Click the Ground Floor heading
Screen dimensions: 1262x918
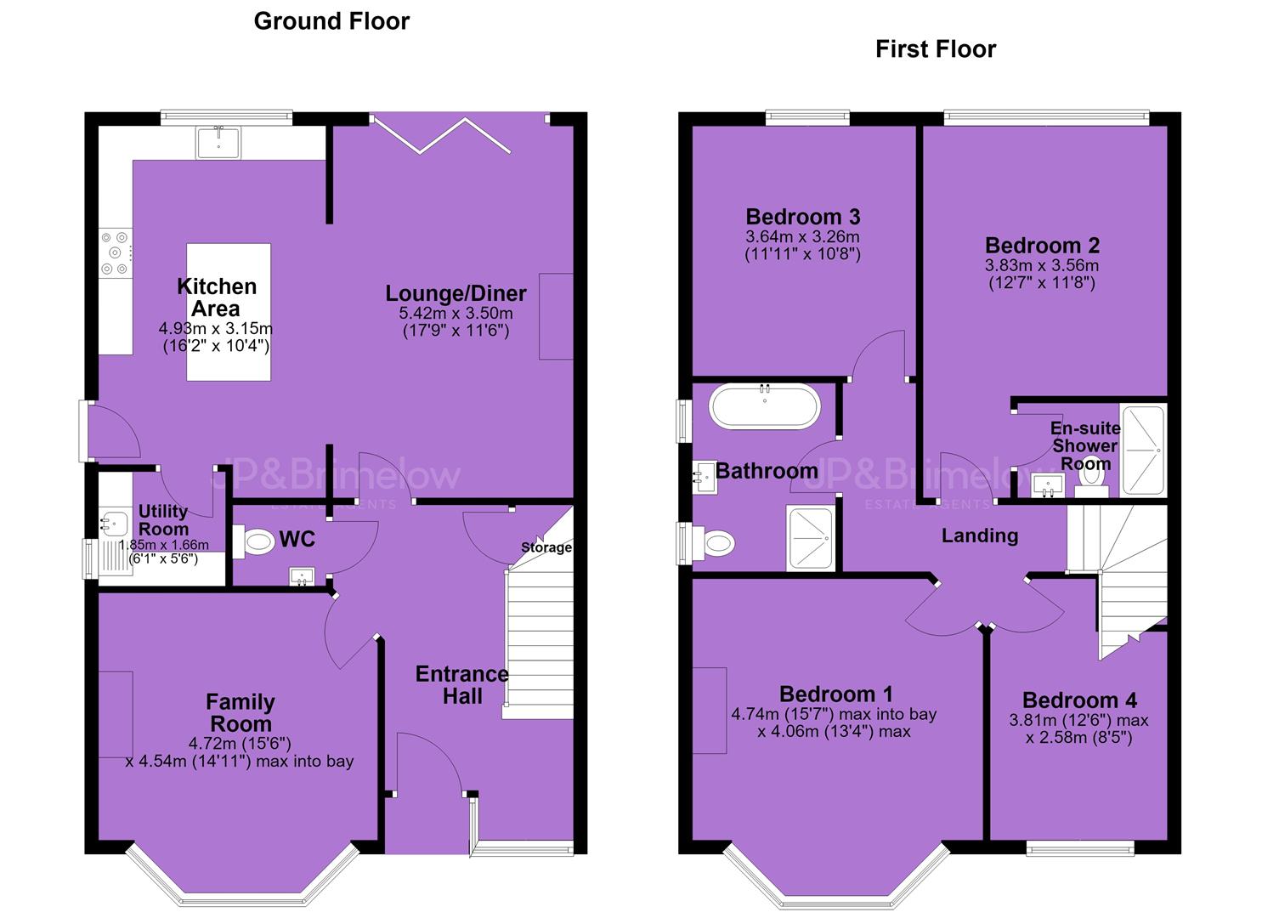pos(331,21)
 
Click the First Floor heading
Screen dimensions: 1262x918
pos(935,49)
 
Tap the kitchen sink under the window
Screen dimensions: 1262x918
pos(218,142)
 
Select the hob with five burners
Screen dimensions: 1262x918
pos(116,253)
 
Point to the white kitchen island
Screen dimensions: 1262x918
pos(229,312)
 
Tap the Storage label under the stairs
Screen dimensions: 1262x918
pos(546,547)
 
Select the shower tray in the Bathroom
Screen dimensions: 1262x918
pos(810,537)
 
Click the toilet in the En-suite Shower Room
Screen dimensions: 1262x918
pos(1091,480)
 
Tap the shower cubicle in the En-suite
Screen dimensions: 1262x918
pos(1143,450)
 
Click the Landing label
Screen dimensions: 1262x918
pos(980,535)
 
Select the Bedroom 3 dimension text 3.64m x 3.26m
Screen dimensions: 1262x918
pos(802,236)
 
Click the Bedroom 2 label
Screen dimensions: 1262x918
pos(1042,245)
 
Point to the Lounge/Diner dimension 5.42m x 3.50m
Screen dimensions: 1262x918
pos(456,313)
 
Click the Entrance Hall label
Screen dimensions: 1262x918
pos(462,685)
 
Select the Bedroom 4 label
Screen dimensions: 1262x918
pos(1079,700)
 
